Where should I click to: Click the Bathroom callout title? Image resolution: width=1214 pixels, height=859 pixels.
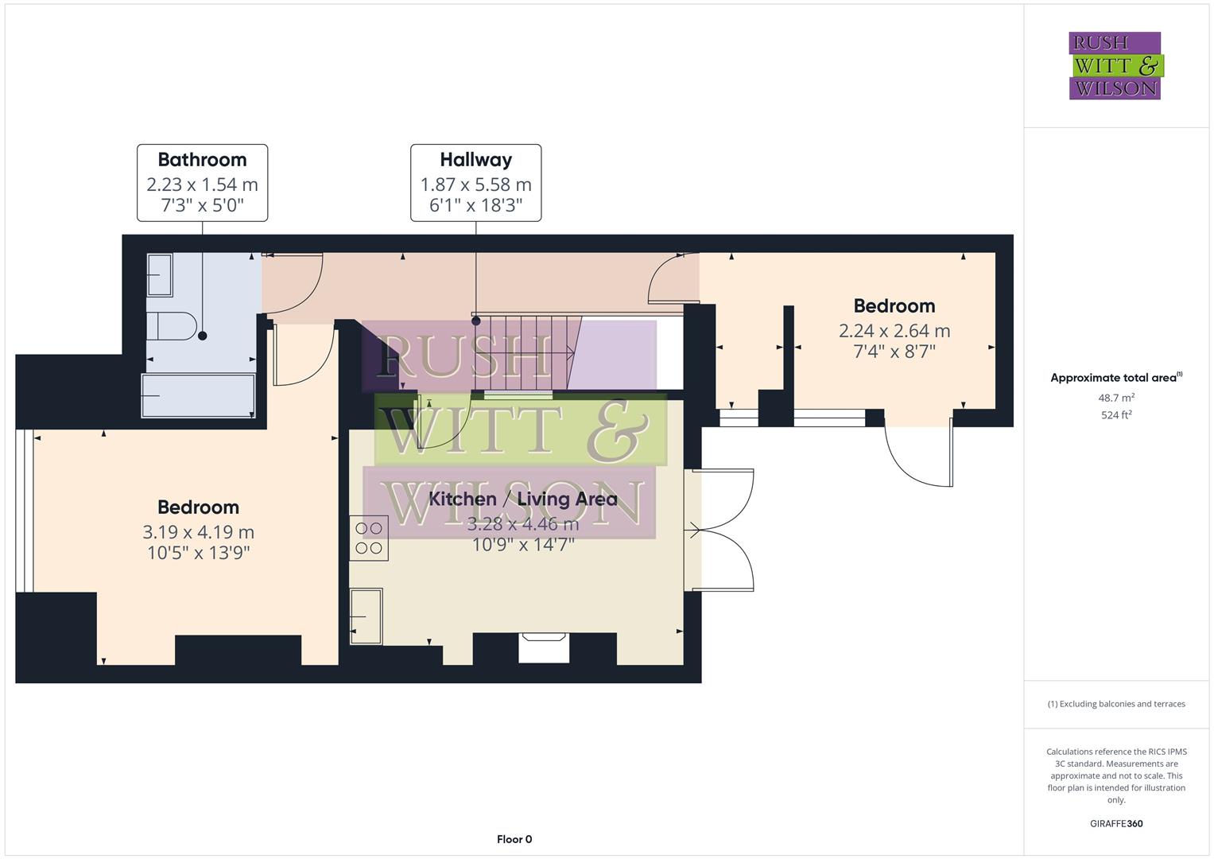click(x=202, y=160)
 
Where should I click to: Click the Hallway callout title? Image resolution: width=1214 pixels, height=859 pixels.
click(x=475, y=160)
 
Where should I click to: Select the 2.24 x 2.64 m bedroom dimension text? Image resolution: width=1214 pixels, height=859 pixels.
click(x=894, y=331)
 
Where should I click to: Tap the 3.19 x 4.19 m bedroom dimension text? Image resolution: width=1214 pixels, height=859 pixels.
click(x=198, y=532)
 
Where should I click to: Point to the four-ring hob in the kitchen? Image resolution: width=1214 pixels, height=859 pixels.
click(x=369, y=538)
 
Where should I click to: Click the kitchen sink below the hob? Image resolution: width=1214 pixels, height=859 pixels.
click(x=367, y=616)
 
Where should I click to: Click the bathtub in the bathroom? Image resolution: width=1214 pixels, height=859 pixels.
click(x=198, y=395)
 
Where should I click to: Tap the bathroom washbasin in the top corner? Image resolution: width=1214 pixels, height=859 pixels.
click(x=160, y=274)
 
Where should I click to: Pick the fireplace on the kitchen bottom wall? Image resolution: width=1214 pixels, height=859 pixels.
click(x=545, y=647)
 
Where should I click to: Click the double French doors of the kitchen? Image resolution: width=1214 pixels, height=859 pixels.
click(x=719, y=530)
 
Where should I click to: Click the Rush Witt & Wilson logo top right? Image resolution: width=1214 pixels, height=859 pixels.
click(x=1115, y=66)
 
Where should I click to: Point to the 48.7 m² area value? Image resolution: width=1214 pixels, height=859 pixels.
click(x=1115, y=398)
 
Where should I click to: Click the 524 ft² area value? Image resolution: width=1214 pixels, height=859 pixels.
click(x=1115, y=415)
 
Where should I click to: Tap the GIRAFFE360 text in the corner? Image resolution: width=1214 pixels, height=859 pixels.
click(x=1115, y=824)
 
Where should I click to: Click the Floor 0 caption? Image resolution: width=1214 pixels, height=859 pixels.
click(x=514, y=839)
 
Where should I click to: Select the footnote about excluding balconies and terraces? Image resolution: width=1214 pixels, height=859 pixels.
click(x=1115, y=704)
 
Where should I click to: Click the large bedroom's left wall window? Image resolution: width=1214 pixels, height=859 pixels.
click(x=25, y=511)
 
